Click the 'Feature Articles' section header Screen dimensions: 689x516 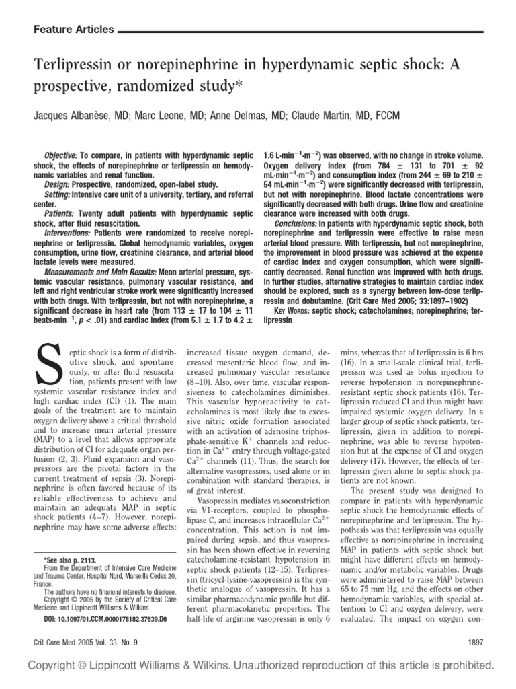pyautogui.click(x=73, y=30)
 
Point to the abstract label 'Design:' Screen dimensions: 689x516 pyautogui.click(x=57, y=182)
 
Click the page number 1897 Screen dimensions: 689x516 pyautogui.click(x=483, y=643)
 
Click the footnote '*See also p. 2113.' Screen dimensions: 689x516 pyautogui.click(x=71, y=559)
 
